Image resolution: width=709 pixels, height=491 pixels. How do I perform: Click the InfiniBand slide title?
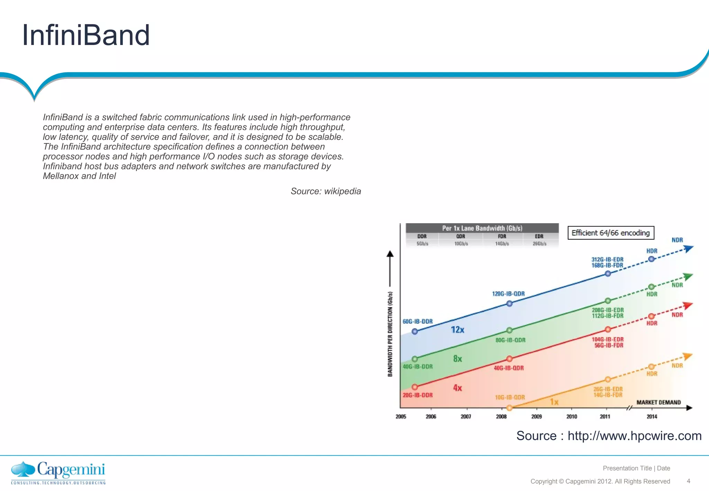tap(86, 35)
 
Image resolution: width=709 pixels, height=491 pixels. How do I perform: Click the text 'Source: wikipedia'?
tap(325, 191)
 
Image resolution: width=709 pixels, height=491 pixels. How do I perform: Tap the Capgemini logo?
tap(58, 472)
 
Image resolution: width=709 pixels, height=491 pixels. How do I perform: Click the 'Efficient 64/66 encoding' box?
tap(611, 233)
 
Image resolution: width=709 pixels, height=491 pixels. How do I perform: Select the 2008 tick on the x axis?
tap(501, 417)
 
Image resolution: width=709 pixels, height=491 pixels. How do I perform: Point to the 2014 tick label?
tap(652, 417)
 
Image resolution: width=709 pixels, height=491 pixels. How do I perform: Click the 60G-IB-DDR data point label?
tap(418, 321)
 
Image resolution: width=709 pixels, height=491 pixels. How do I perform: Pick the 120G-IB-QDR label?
tap(508, 294)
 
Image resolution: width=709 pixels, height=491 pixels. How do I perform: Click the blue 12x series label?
tap(457, 330)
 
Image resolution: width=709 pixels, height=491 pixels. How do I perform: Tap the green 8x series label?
tap(457, 359)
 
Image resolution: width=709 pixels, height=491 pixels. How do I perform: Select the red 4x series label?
tap(457, 388)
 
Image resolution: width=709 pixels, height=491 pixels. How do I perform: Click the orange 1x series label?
tap(554, 402)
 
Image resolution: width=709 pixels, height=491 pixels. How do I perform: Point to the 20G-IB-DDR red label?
tap(418, 395)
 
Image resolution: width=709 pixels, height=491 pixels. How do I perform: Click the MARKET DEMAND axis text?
tap(658, 402)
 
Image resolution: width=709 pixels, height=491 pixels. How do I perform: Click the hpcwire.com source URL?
tap(634, 436)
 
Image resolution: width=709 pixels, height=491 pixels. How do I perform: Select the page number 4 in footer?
tap(688, 481)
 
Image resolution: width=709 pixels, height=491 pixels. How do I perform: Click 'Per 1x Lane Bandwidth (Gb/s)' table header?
tap(482, 228)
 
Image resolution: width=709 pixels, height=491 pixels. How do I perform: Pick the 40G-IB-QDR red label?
tap(509, 368)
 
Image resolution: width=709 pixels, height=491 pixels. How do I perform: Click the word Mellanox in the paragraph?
tap(61, 176)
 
